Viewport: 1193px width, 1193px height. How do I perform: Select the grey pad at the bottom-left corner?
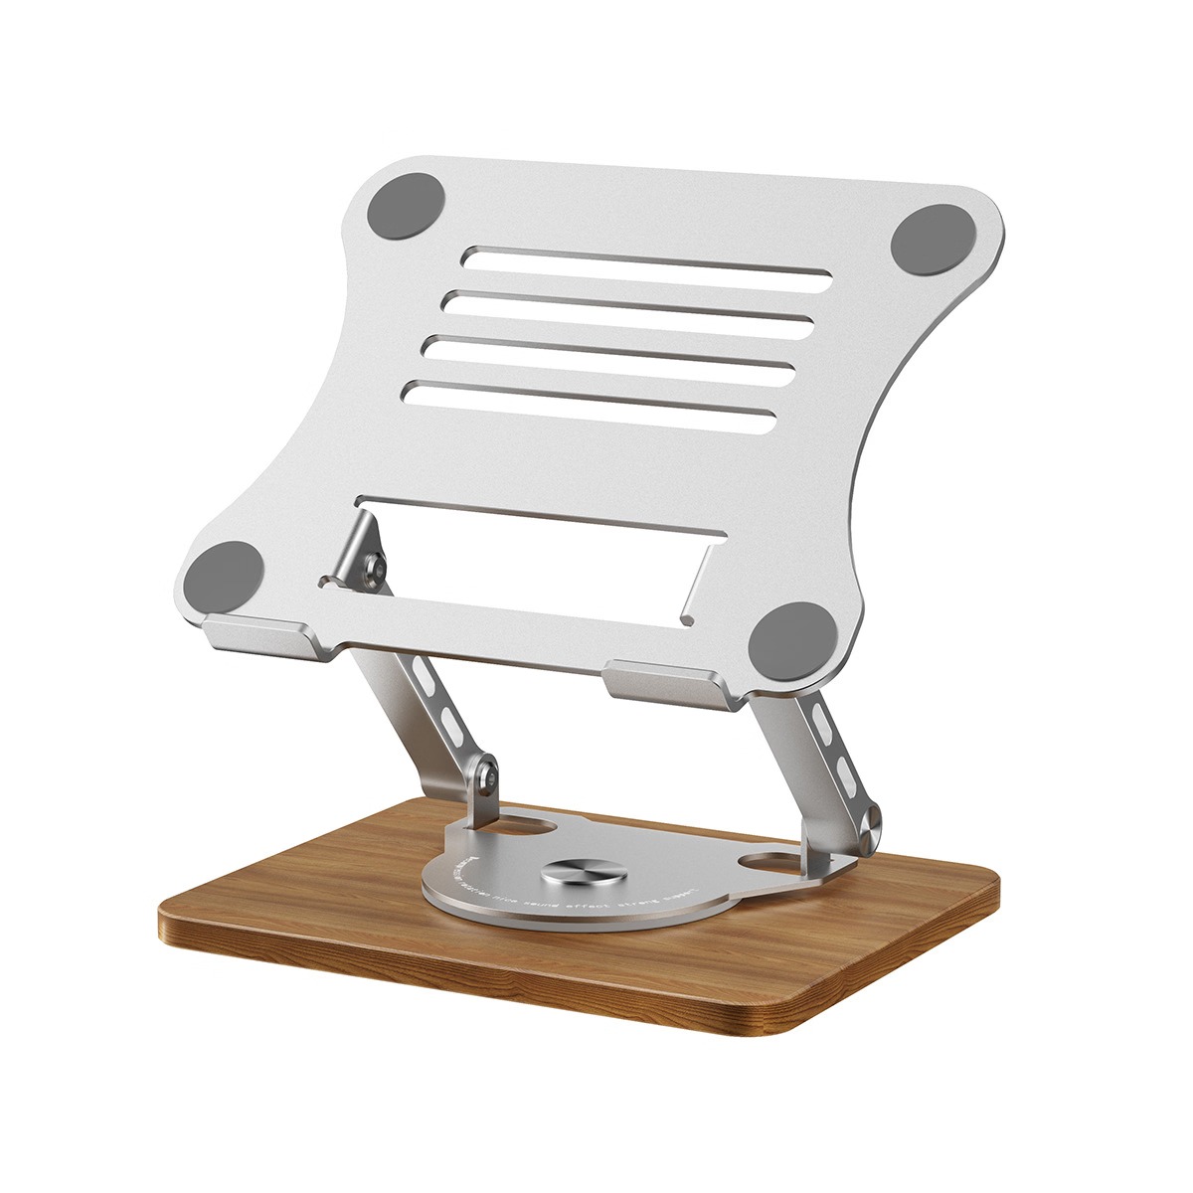[226, 578]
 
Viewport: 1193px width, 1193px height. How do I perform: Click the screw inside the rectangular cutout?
[375, 567]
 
